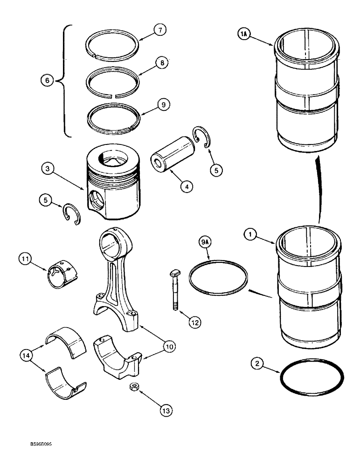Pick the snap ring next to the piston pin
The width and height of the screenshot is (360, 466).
point(203,138)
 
